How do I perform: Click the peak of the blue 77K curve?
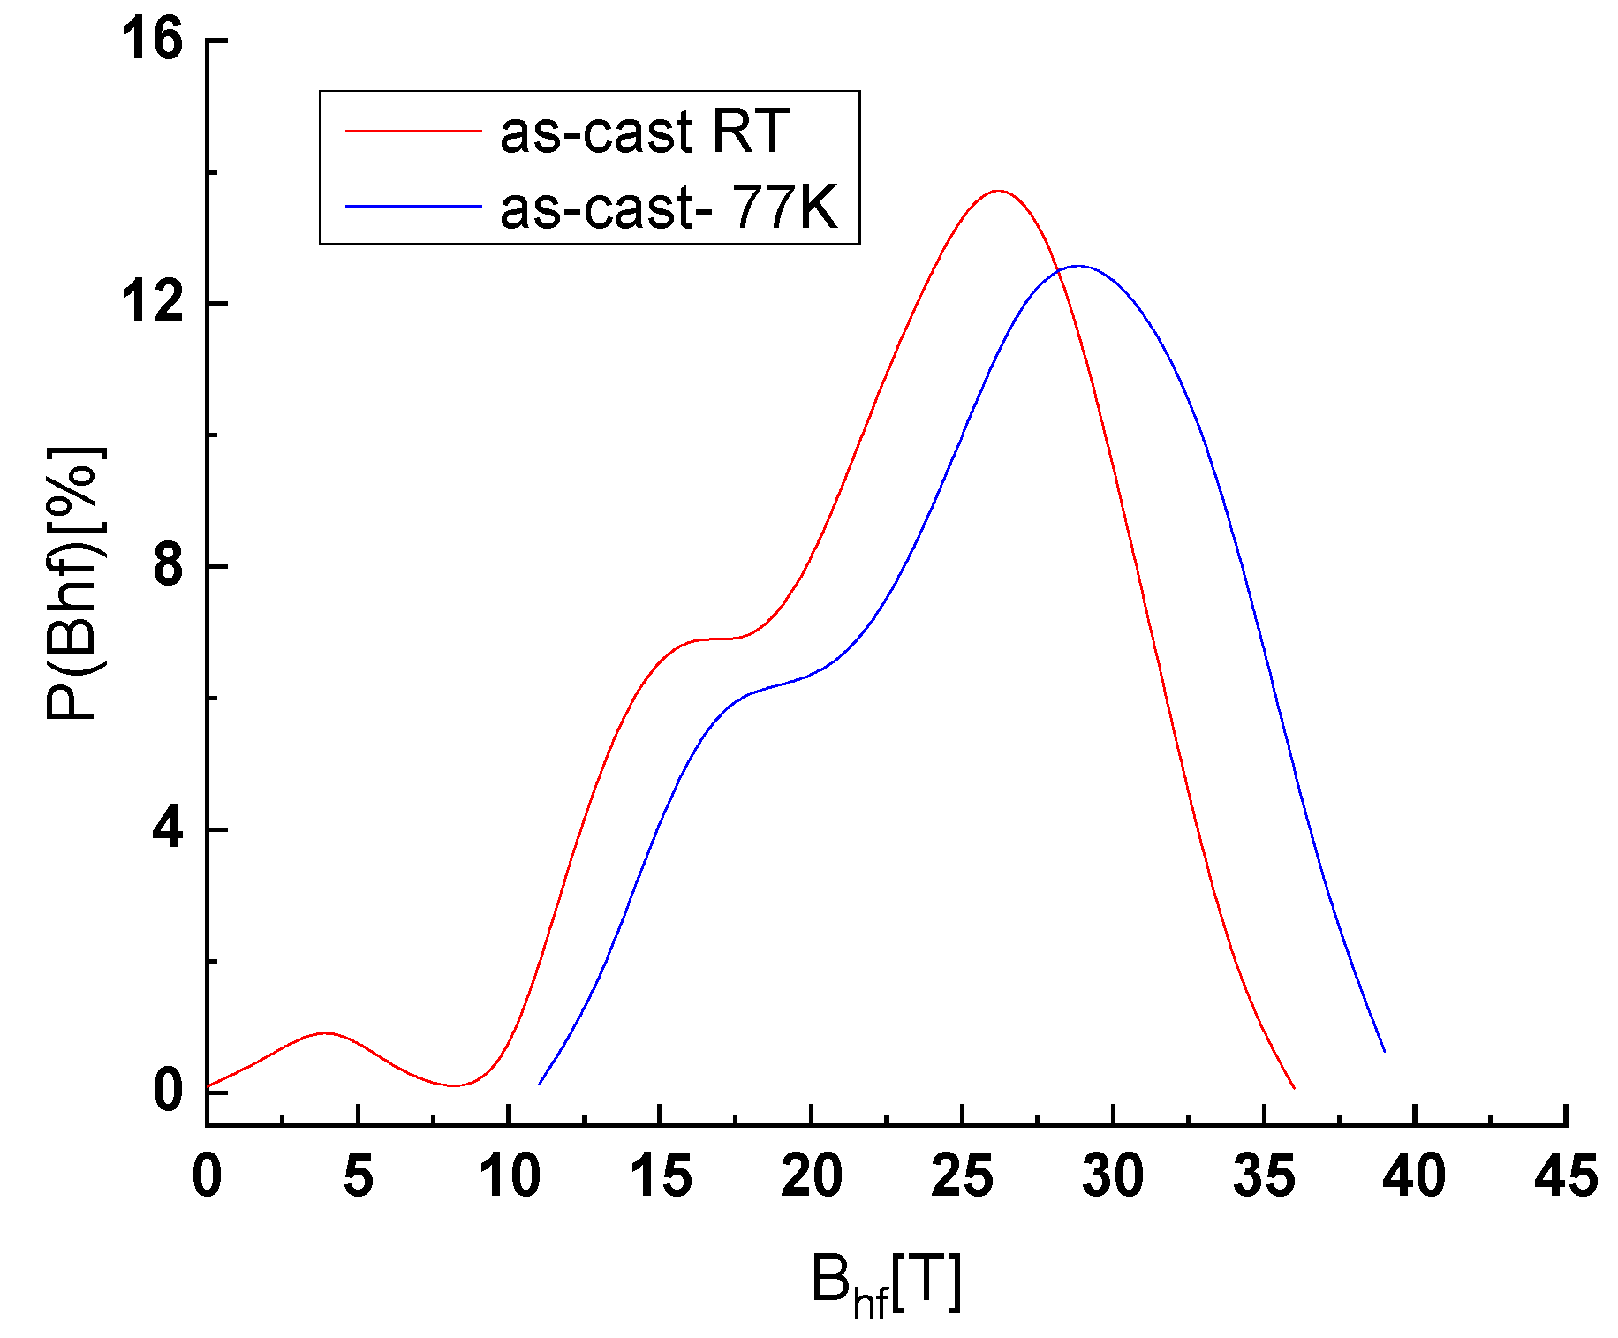[1078, 266]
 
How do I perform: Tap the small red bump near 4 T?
[326, 1032]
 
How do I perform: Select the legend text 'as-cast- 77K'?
[669, 208]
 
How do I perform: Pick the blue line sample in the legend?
[412, 206]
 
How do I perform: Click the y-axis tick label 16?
[152, 40]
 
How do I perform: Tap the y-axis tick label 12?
[152, 303]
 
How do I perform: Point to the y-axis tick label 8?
[168, 566]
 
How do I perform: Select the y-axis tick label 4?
[168, 829]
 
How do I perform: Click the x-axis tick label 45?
[1565, 1177]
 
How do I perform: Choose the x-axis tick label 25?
[962, 1177]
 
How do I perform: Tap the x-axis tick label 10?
[509, 1177]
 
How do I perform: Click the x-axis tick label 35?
[1264, 1177]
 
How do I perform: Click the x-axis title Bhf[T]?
[885, 1285]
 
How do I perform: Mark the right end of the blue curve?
[1384, 1051]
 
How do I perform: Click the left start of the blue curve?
[540, 1083]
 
